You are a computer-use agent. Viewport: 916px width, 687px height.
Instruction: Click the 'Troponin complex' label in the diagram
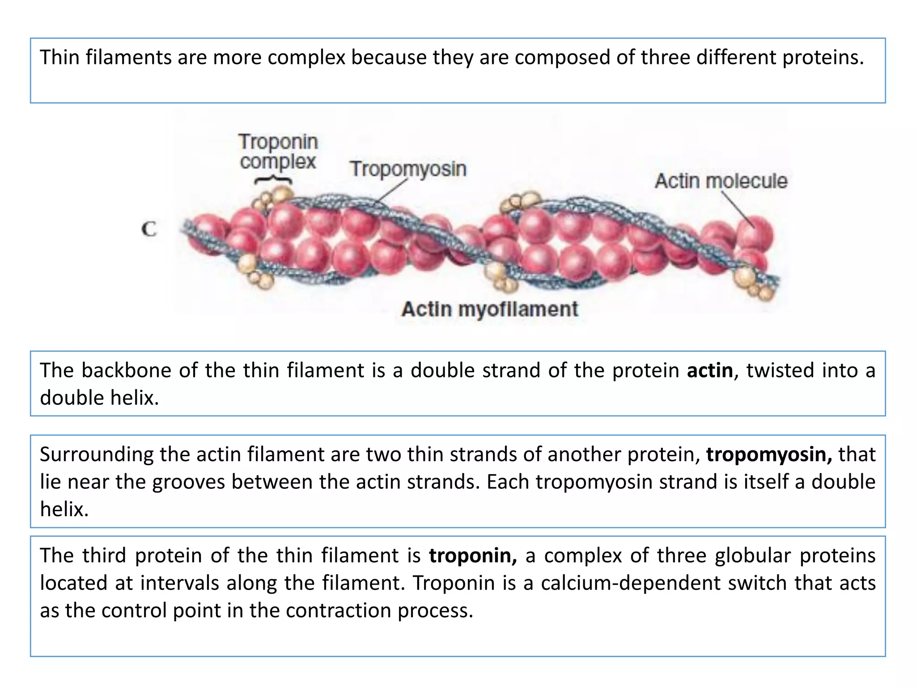coord(278,152)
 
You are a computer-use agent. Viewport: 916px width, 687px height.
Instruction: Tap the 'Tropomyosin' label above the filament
coord(408,169)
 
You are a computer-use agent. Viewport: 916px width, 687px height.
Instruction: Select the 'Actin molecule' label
coord(721,181)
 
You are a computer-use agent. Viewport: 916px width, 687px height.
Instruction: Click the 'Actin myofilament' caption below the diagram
coord(489,309)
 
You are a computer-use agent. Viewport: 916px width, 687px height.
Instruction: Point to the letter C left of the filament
coord(149,229)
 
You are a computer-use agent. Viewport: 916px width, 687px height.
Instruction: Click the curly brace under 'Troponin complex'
coord(273,180)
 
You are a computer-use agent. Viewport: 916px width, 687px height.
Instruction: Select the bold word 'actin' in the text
coord(710,371)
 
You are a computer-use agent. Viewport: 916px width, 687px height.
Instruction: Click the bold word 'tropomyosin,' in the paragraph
coord(769,454)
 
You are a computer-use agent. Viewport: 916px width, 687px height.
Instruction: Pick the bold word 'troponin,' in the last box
coord(473,556)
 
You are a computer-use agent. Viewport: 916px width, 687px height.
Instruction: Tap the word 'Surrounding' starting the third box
coord(97,454)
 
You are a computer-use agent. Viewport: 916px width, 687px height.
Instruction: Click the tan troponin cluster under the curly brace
coord(274,199)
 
